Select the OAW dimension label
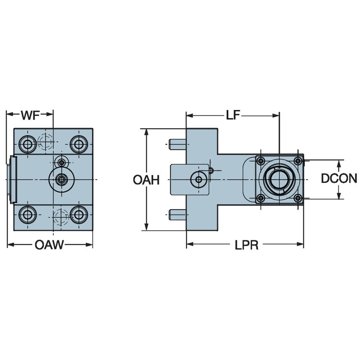(x=49, y=245)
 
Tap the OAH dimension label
(x=146, y=180)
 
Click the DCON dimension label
(x=339, y=179)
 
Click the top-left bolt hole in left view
(x=28, y=145)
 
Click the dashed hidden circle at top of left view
(x=45, y=141)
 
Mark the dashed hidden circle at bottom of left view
(x=60, y=217)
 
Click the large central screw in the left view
(x=62, y=180)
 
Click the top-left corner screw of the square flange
(x=261, y=160)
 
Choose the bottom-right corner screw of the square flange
(x=298, y=198)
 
